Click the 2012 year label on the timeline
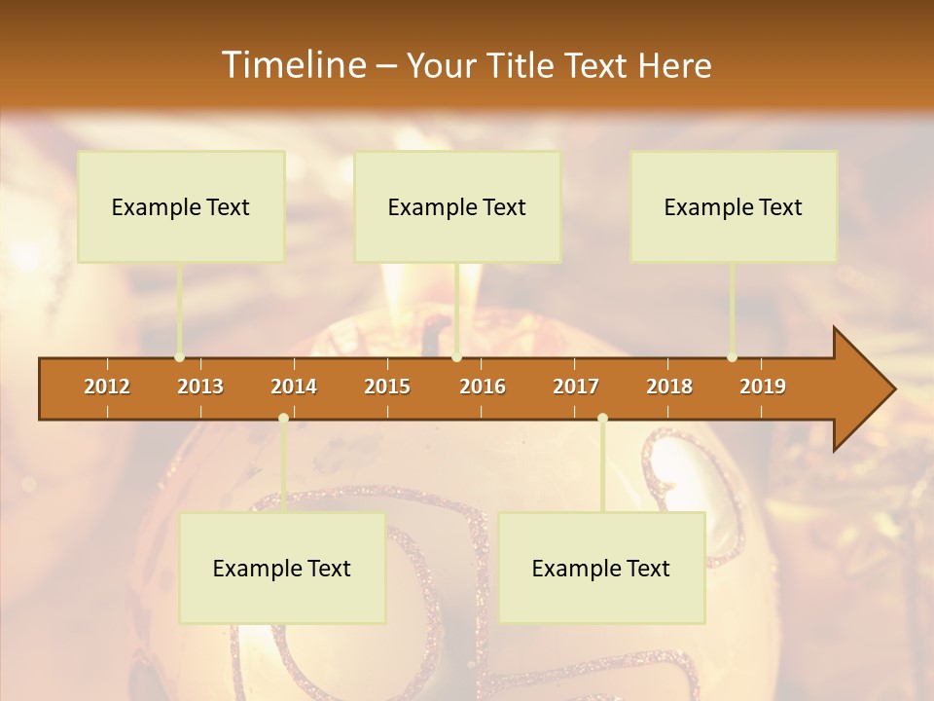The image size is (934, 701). point(107,387)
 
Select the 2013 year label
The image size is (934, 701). point(200,387)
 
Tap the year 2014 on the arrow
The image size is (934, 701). point(294,387)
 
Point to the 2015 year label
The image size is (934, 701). point(387,387)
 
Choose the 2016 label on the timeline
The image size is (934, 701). point(483,387)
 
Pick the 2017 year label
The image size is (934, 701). point(576,387)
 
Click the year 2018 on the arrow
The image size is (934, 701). point(669,387)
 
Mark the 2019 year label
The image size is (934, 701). point(763,387)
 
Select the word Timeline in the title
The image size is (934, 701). point(293,65)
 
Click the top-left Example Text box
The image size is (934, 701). point(181,206)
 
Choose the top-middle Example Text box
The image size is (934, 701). point(457,206)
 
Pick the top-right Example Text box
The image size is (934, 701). point(734,206)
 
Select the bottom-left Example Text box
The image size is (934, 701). point(282,568)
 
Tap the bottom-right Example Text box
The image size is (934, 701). point(601,568)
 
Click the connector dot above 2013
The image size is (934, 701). point(179,357)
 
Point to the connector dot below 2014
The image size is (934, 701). point(283,419)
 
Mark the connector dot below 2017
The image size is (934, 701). point(602,419)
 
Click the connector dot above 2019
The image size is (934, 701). point(732,357)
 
